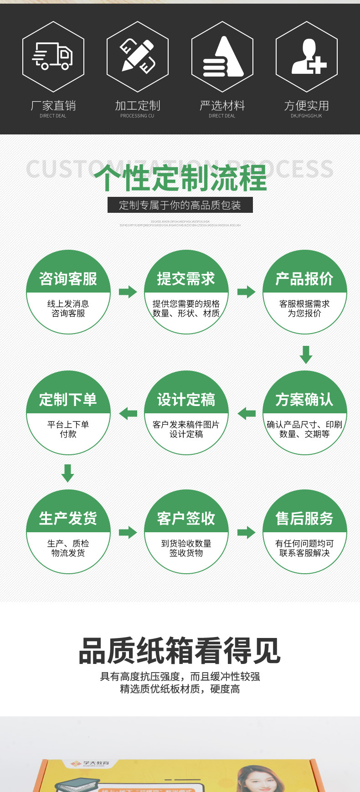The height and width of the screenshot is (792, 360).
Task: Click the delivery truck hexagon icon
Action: pyautogui.click(x=53, y=57)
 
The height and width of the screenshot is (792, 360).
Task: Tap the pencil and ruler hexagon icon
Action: pyautogui.click(x=138, y=57)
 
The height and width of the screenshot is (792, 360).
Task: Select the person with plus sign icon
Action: pyautogui.click(x=307, y=57)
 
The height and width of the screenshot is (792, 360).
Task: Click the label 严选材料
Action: pyautogui.click(x=222, y=106)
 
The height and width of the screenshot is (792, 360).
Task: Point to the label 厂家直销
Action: pyautogui.click(x=53, y=106)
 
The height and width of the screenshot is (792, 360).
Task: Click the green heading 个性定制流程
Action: pyautogui.click(x=180, y=178)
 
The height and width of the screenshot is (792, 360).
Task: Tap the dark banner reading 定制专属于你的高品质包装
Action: pyautogui.click(x=180, y=205)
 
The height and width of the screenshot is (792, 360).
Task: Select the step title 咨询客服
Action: pyautogui.click(x=68, y=278)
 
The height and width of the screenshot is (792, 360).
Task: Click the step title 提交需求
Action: pyautogui.click(x=186, y=278)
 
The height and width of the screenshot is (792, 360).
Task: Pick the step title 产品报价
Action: pyautogui.click(x=304, y=278)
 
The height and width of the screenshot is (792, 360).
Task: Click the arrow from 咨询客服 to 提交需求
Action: pyautogui.click(x=128, y=292)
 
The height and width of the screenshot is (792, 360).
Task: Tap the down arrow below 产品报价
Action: pyautogui.click(x=306, y=354)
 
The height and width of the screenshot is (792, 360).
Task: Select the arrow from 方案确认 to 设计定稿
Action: pyautogui.click(x=247, y=413)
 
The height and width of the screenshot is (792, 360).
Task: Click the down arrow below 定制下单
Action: pyautogui.click(x=68, y=473)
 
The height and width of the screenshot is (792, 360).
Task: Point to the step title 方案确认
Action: pyautogui.click(x=304, y=400)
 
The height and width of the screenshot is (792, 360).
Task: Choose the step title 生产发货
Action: pyautogui.click(x=68, y=518)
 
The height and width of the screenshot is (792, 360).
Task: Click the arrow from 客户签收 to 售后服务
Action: pyautogui.click(x=247, y=532)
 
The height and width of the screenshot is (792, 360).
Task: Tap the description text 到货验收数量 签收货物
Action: pyautogui.click(x=186, y=548)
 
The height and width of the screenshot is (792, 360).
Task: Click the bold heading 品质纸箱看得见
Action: pyautogui.click(x=180, y=651)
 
